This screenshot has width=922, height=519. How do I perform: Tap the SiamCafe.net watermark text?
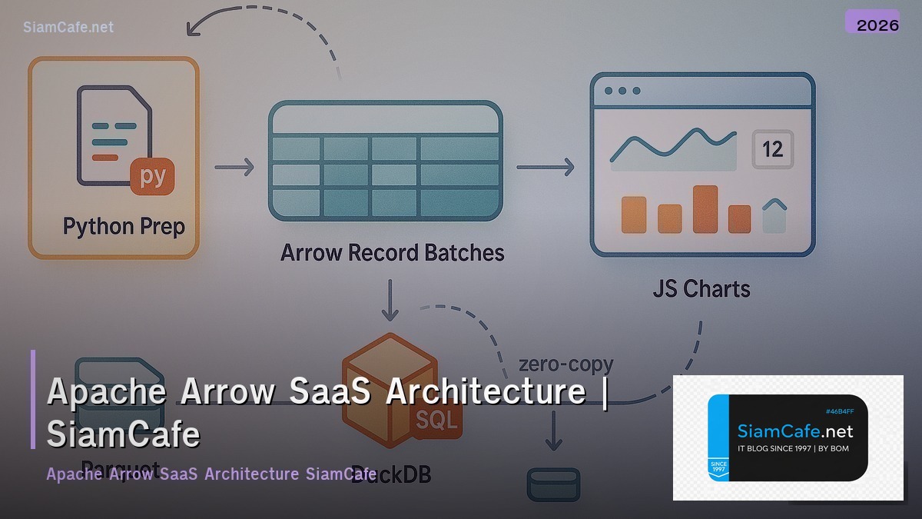[x=68, y=27]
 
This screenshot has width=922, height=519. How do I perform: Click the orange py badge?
[x=153, y=177]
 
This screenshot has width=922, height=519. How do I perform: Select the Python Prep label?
[x=124, y=227]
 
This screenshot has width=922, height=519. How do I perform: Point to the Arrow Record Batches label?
[x=392, y=252]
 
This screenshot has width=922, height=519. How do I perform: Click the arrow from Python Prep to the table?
[x=234, y=166]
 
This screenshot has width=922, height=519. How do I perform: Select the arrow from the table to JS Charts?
[x=546, y=167]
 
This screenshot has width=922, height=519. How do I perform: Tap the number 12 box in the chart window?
[x=772, y=148]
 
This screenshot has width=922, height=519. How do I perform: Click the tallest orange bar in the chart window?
[x=705, y=208]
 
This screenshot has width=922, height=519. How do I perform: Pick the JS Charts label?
[x=701, y=289]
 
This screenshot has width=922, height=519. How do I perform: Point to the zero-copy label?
[x=565, y=364]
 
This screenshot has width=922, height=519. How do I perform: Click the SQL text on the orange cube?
[x=436, y=420]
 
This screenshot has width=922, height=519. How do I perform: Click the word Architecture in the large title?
[x=486, y=391]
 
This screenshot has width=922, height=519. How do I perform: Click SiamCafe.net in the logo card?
[x=794, y=431]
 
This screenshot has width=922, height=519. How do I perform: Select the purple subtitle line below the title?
[x=211, y=474]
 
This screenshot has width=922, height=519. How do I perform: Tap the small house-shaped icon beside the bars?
[x=774, y=216]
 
